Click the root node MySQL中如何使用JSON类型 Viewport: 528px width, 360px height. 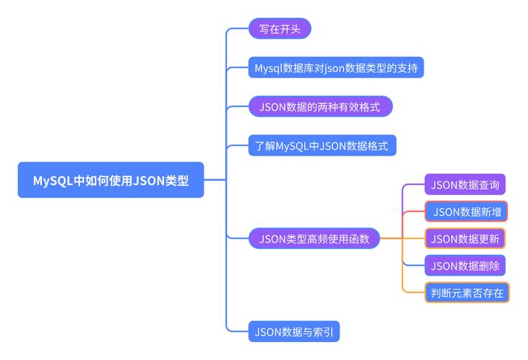tap(111, 180)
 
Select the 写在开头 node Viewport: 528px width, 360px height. tap(279, 29)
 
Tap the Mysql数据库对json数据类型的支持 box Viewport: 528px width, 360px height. tap(336, 68)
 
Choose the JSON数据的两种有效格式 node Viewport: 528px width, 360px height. tap(321, 107)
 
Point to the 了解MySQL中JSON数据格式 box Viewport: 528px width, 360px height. tap(322, 146)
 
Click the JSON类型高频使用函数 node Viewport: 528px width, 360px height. tap(314, 238)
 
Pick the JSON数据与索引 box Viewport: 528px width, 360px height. tap(293, 332)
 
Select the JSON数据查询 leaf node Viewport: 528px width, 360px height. tap(465, 184)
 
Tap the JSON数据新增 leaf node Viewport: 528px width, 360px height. tap(466, 212)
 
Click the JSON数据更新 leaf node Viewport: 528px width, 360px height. tap(466, 238)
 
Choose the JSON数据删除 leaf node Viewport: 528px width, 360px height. tap(465, 266)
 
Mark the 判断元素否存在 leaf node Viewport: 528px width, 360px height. tap(466, 292)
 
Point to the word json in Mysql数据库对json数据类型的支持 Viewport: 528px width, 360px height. tap(336, 68)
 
